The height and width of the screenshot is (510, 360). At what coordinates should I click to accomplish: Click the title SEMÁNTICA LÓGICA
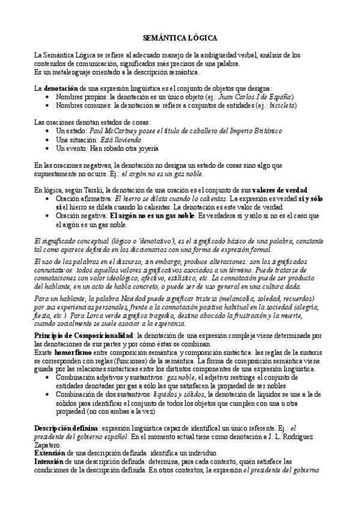point(179,37)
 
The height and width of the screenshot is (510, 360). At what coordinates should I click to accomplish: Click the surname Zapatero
point(49,444)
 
